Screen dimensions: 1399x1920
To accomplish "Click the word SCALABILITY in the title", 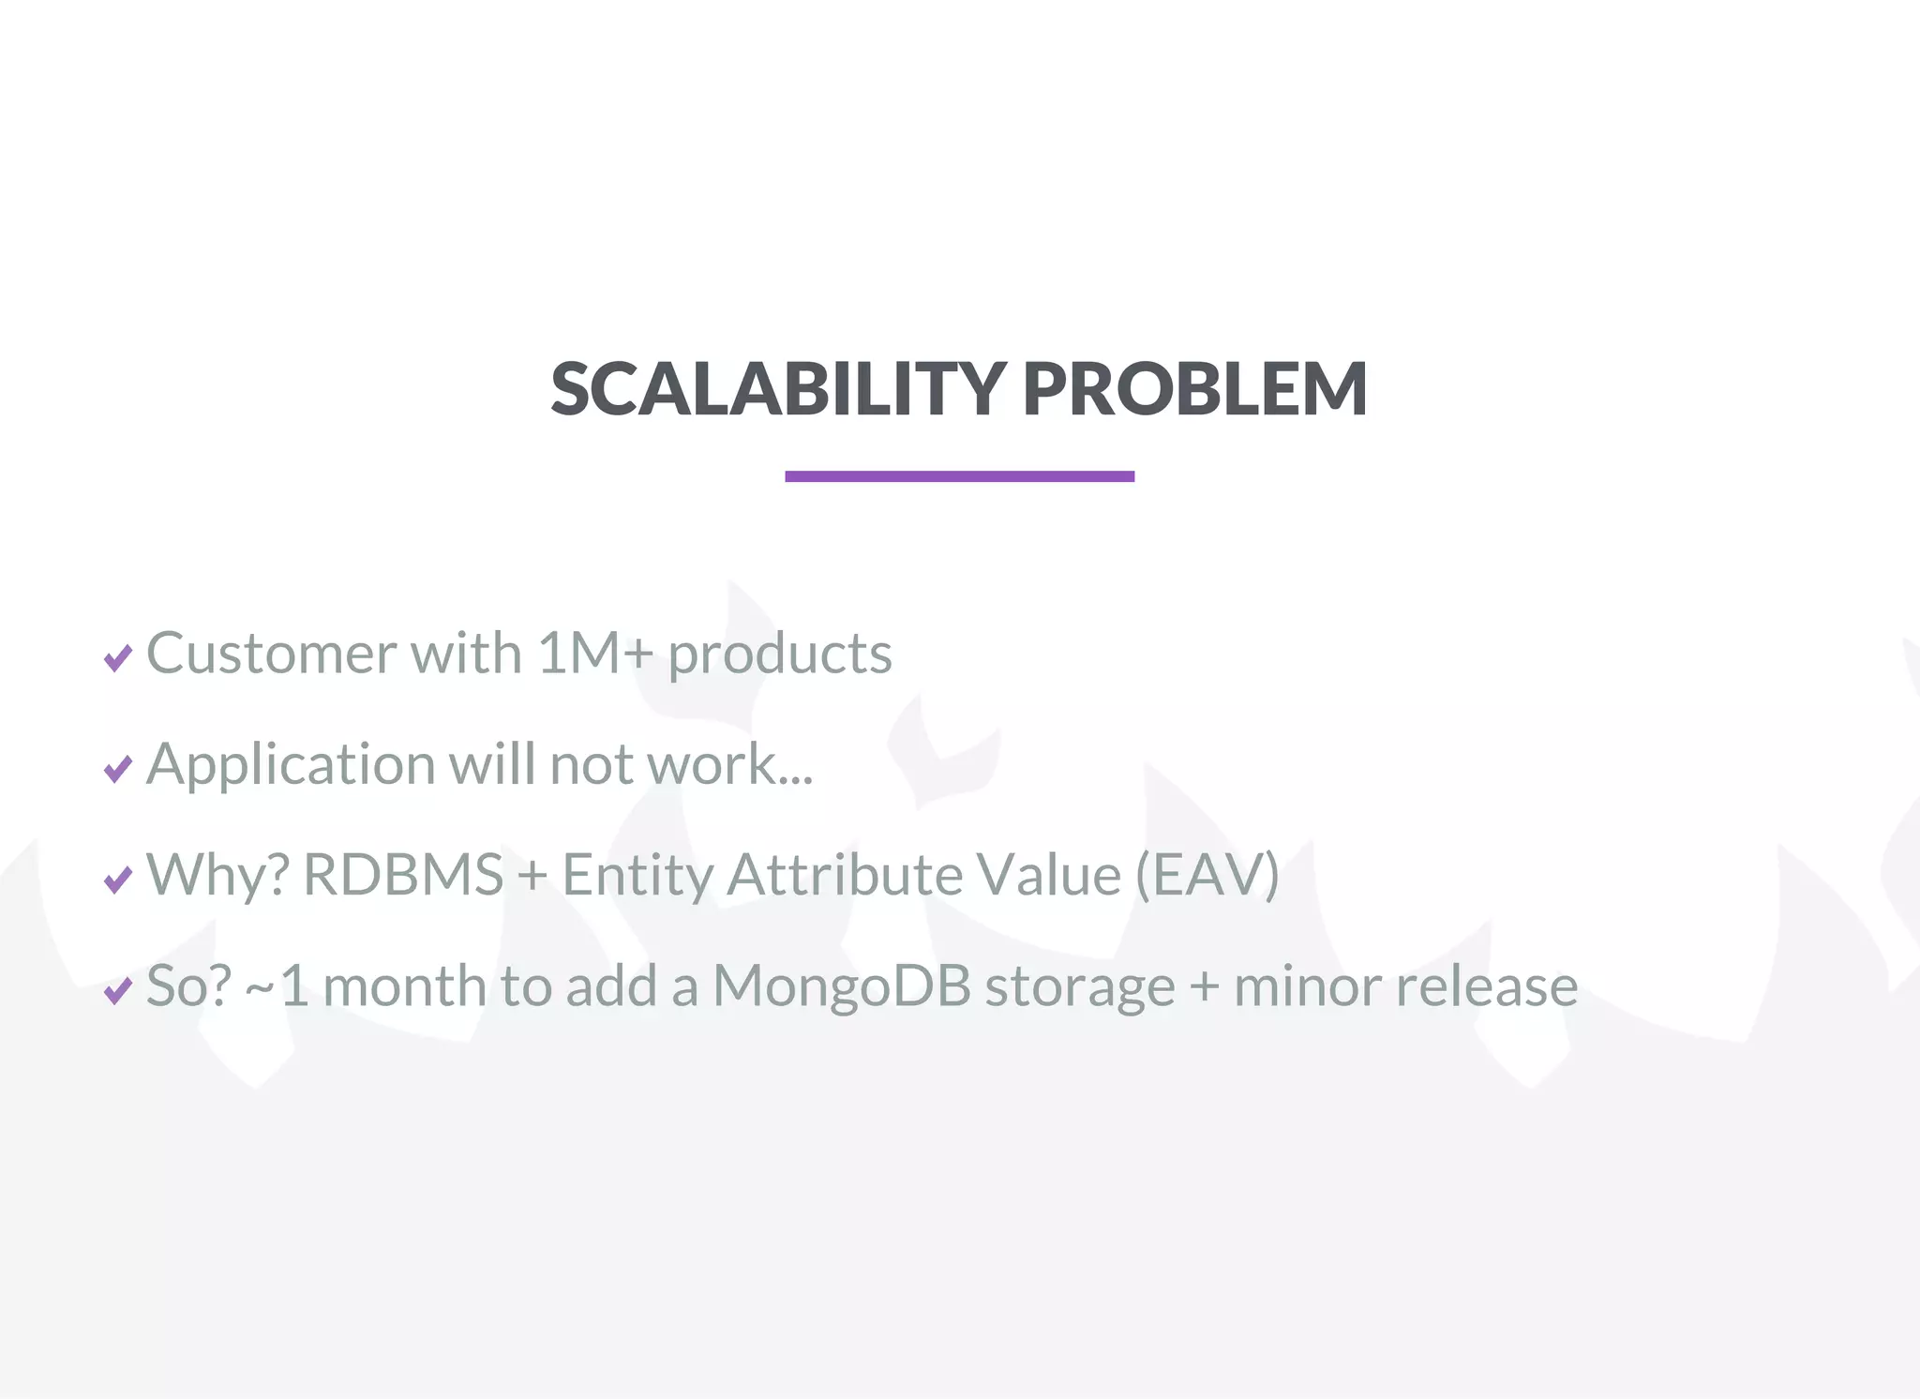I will pos(778,389).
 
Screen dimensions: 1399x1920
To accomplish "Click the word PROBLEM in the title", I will pos(1194,389).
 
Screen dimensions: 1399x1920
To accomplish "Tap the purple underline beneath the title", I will pos(959,476).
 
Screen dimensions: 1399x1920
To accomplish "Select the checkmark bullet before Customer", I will pos(118,658).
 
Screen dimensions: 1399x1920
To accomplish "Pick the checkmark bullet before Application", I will pos(118,769).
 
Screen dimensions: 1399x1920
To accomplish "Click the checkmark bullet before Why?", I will pos(118,880).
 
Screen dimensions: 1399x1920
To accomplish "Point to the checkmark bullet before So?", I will pos(118,990).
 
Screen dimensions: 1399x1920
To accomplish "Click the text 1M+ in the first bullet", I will pos(594,653).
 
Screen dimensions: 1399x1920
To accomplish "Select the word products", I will pos(780,654).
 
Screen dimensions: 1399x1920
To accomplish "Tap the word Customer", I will pos(271,653).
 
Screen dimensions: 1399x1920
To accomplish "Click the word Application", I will pos(291,765).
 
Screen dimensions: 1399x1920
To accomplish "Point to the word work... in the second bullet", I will pos(731,763).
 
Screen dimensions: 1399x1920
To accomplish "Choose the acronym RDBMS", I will pos(403,874).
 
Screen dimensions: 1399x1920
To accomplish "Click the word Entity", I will pos(637,876).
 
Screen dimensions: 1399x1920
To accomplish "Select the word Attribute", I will pos(845,874).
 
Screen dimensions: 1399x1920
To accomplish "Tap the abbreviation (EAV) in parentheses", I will pos(1207,874).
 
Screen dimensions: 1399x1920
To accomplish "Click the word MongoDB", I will pos(841,986).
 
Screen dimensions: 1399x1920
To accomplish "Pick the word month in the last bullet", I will pos(403,985).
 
